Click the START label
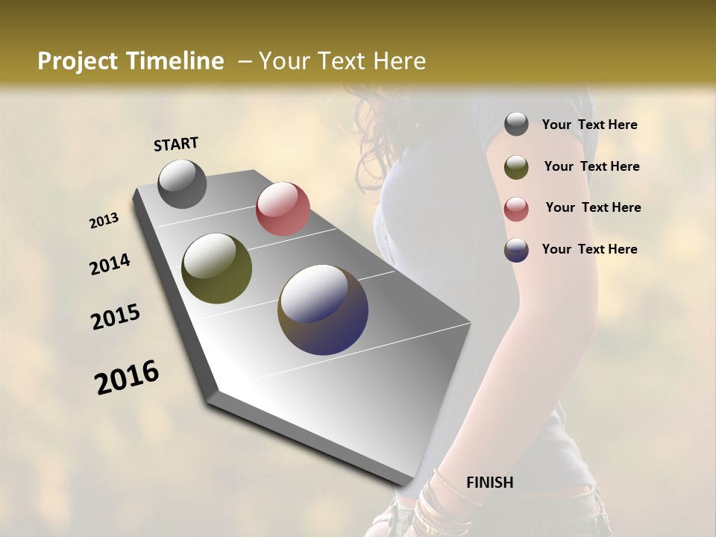point(176,144)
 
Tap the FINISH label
point(489,483)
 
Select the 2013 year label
point(104,221)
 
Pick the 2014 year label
point(110,265)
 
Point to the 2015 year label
point(116,317)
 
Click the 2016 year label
point(127,377)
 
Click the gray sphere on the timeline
point(182,183)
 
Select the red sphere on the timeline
point(283,208)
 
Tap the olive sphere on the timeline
point(216,268)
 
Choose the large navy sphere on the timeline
point(323,310)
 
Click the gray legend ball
point(516,125)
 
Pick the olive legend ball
point(516,167)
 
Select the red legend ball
point(516,209)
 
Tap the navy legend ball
point(516,250)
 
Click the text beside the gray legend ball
point(589,125)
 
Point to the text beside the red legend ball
point(593,207)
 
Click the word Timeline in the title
point(170,61)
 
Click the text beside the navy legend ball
point(589,249)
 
